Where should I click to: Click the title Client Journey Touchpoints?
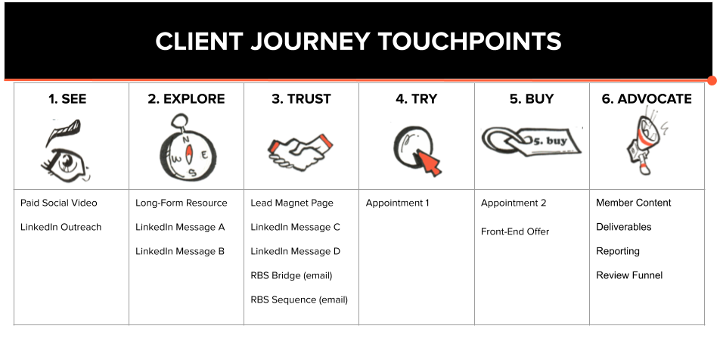pos(358,42)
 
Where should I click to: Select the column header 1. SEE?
pos(67,99)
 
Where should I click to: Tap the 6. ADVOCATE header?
pos(647,99)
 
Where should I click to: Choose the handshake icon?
pos(301,151)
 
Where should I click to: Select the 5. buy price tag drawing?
pos(531,142)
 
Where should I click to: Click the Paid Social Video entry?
pos(59,203)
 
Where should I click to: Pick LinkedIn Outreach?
pos(61,228)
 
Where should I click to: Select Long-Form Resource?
pos(181,203)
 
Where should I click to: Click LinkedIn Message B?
pos(179,252)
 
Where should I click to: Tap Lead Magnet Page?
pos(292,203)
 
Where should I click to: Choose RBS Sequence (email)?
pos(299,299)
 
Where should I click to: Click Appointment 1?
pos(397,203)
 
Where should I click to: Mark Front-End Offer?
pos(515,232)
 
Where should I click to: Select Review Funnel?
pos(629,275)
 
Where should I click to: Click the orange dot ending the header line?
pos(712,81)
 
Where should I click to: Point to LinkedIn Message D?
pos(295,252)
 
